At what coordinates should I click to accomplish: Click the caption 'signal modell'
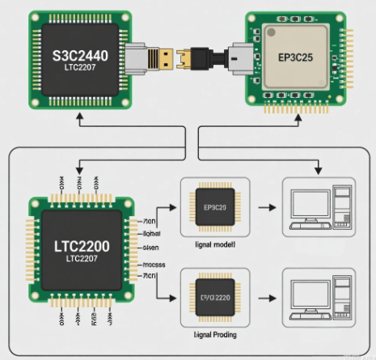coord(214,242)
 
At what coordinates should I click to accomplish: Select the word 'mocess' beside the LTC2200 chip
coord(153,265)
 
